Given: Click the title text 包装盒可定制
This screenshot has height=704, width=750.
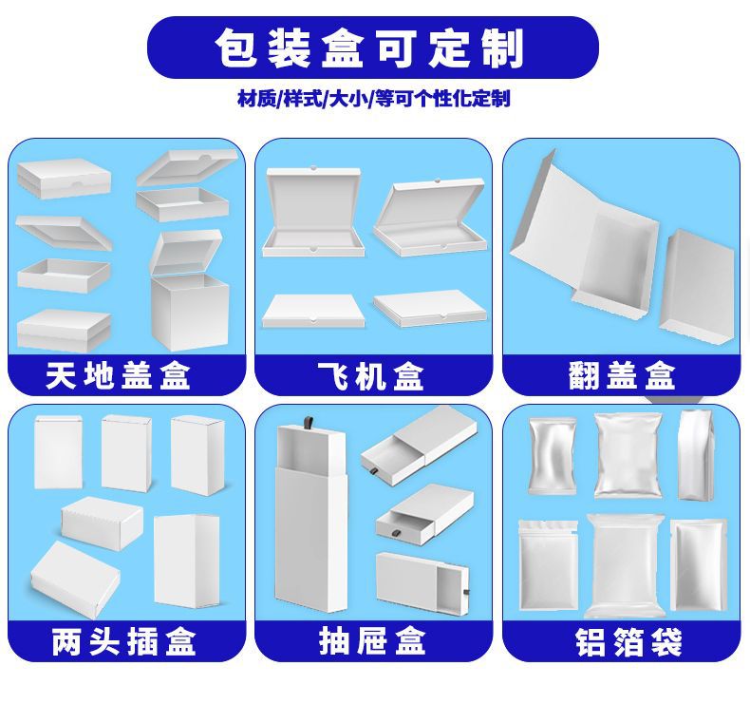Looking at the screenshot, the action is pos(371,48).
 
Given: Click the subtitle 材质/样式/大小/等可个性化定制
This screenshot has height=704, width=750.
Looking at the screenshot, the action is pos(373,99).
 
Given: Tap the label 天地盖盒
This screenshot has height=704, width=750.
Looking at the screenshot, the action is pos(119,376).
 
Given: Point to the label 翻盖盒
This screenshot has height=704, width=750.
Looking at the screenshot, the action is pos(622,376).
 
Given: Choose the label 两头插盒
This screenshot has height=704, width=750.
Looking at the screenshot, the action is pos(123,642).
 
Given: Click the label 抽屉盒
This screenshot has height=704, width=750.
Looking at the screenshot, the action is pos(372,642).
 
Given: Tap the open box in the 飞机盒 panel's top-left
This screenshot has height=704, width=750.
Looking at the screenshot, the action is pos(313,214).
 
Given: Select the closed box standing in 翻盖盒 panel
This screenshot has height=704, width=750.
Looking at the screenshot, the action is pos(699,284).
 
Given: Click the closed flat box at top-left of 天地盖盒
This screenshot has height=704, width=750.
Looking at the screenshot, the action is pos(64,179).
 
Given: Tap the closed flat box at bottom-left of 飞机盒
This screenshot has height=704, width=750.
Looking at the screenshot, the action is pos(313,311).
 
